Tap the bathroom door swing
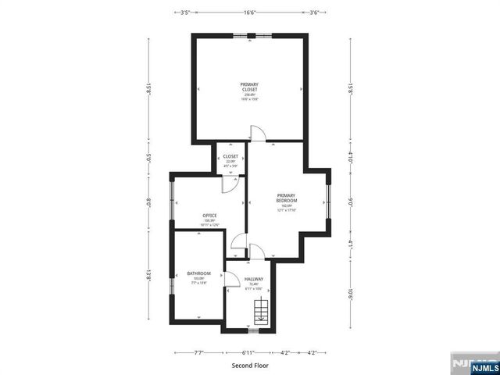point(233,280)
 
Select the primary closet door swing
point(255,134)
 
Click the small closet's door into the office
point(229,184)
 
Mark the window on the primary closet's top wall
point(249,35)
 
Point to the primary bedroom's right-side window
point(329,201)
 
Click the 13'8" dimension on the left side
point(148,275)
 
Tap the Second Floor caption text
point(250,365)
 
